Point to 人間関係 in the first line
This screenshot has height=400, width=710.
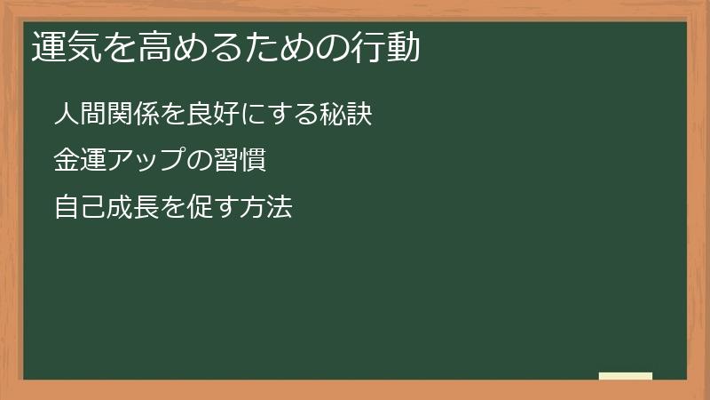[x=106, y=115]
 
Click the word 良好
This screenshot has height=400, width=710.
[x=214, y=115]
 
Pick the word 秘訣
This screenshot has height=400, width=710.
[x=345, y=115]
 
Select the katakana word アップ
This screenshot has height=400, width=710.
[x=148, y=162]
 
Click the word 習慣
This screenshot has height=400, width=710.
[x=241, y=162]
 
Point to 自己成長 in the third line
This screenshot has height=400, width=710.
[x=106, y=209]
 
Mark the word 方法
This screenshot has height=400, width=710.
[x=266, y=209]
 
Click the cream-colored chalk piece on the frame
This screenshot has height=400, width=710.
[x=626, y=376]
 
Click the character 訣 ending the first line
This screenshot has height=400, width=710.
[x=359, y=115]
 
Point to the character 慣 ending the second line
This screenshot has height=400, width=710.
[x=254, y=162]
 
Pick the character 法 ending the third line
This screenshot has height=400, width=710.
[x=280, y=209]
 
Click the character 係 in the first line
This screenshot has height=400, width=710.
[x=146, y=115]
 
